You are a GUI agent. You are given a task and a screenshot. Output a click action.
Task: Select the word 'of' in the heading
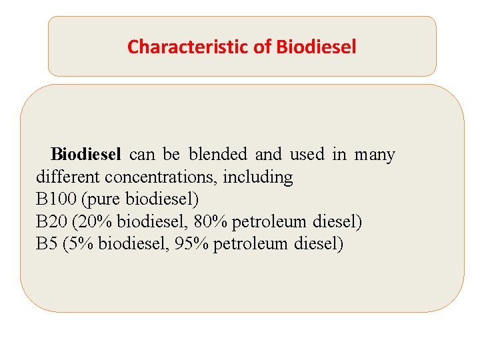261,47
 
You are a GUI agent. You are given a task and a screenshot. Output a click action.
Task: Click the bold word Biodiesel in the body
86,155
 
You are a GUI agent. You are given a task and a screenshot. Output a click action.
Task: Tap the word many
375,155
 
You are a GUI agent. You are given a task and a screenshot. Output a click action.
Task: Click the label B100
56,199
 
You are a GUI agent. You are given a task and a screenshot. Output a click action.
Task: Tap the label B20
51,221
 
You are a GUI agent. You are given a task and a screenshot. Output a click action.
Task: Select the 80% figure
210,221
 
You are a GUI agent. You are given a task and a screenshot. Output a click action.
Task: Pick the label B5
47,243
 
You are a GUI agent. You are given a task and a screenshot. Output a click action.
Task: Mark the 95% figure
191,243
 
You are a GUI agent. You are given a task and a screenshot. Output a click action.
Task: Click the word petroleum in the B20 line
269,221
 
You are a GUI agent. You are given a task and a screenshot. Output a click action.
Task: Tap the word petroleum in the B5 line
250,243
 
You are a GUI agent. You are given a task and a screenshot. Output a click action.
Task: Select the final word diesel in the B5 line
319,243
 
